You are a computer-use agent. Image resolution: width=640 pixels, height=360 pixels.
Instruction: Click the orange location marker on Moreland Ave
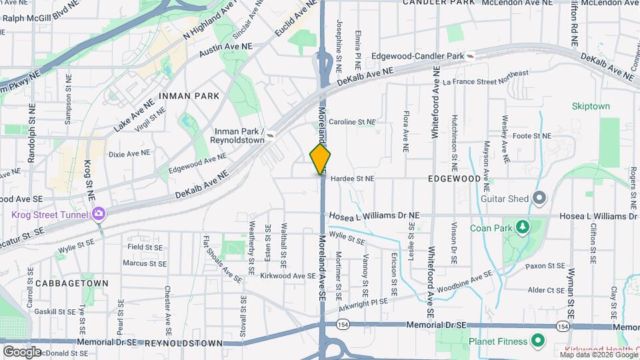coord(320,159)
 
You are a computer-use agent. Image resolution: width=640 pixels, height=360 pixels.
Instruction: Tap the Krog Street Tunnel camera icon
coord(99,213)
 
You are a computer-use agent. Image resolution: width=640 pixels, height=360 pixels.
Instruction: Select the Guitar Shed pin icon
coord(539,198)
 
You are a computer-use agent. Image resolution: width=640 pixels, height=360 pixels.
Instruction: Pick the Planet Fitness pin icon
coord(538,341)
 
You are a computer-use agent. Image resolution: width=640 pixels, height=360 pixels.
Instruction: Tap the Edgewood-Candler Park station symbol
coord(471,56)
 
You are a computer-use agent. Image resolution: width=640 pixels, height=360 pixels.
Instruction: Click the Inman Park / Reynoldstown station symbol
coord(271,135)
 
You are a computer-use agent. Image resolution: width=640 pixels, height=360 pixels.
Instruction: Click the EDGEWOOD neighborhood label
coord(455,179)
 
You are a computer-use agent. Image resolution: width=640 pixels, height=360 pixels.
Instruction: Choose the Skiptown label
coord(591,106)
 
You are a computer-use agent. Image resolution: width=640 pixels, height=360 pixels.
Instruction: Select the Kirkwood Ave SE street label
coord(287,275)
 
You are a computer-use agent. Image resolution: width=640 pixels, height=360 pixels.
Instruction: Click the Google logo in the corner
coord(22,351)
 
